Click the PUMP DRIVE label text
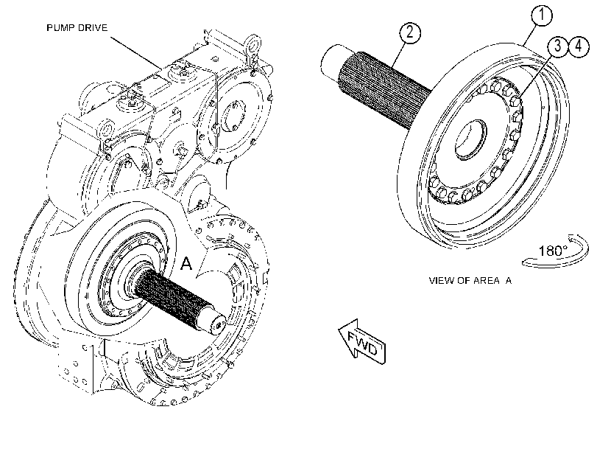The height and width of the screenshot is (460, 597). click(x=77, y=28)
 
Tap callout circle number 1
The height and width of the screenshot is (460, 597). click(x=541, y=15)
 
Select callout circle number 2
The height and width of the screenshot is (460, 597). click(x=410, y=32)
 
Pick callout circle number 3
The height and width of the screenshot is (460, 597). click(x=558, y=46)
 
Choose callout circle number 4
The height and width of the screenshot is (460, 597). click(x=579, y=46)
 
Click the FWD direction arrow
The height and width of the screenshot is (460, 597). click(x=362, y=342)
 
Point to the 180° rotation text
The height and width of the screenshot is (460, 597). click(x=553, y=251)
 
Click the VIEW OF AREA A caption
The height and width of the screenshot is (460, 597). click(x=470, y=281)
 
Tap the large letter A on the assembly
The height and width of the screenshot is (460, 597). click(x=186, y=264)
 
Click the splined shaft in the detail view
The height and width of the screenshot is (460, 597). click(x=384, y=91)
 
